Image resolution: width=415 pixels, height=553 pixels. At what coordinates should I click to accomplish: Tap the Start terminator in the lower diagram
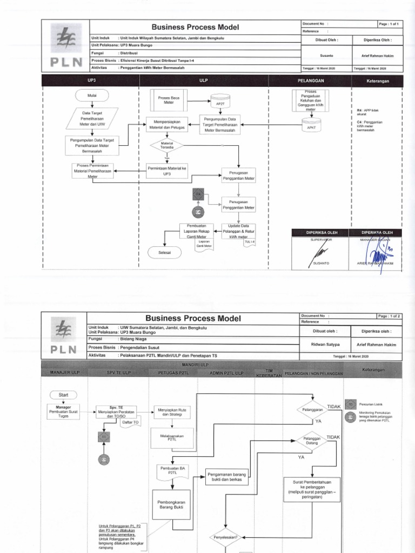63,395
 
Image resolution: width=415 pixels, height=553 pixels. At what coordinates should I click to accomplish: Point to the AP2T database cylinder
219,102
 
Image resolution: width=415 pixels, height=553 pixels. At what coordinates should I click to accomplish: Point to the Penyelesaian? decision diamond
229,537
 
